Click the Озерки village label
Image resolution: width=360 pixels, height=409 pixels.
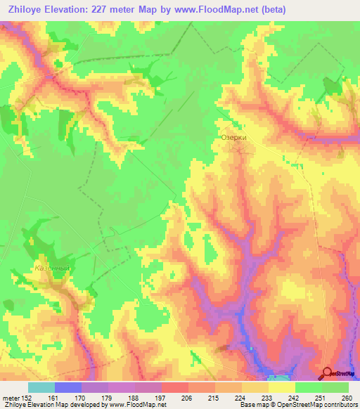click(233, 138)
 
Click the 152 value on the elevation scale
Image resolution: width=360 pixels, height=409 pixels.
click(27, 397)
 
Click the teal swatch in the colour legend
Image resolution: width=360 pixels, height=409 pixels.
click(41, 387)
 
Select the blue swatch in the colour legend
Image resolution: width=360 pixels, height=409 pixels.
click(67, 387)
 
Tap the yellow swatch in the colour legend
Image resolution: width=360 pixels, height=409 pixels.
click(281, 387)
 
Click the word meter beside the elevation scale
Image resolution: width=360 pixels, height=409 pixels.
click(10, 397)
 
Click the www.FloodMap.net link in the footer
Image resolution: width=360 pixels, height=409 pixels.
click(136, 405)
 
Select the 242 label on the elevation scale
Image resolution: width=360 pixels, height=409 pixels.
click(295, 397)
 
